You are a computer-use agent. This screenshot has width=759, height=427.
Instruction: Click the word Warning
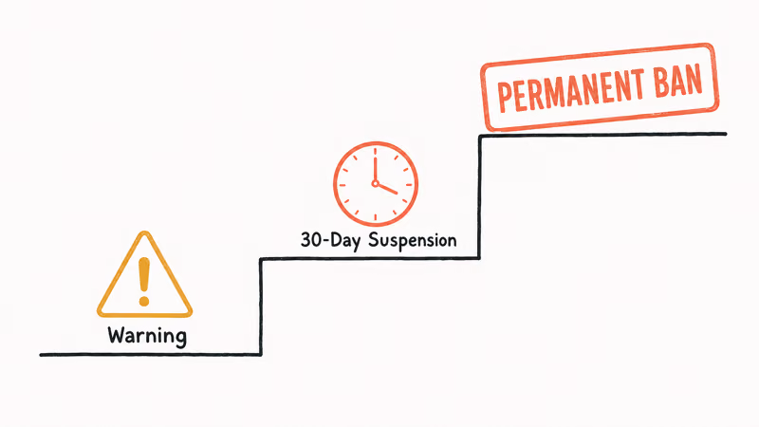(x=147, y=336)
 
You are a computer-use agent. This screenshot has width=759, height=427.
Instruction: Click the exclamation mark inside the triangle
(x=144, y=281)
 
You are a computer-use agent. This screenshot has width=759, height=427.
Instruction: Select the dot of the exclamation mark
(x=144, y=301)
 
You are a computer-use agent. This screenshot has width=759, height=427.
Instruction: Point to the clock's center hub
(x=375, y=183)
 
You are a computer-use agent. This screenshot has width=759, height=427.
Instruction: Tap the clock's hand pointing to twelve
(x=375, y=169)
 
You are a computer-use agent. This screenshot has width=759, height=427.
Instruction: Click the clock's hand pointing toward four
(x=387, y=189)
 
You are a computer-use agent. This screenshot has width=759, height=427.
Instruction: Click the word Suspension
(x=412, y=240)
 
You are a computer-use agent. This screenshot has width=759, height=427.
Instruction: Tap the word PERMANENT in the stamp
(x=571, y=90)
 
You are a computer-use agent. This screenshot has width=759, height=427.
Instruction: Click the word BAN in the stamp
(x=678, y=79)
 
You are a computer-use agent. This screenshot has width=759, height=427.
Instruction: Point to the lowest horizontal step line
(x=151, y=355)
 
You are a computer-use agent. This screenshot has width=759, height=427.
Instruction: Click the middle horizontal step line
(x=370, y=258)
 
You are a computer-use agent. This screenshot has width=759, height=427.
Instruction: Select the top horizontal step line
(x=602, y=135)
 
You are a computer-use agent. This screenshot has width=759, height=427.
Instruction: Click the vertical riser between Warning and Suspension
(x=260, y=306)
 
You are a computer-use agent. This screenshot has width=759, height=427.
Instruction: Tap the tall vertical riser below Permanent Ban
(x=480, y=197)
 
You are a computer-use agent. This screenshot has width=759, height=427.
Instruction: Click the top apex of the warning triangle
(x=144, y=232)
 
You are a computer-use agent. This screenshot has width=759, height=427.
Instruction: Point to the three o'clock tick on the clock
(x=409, y=184)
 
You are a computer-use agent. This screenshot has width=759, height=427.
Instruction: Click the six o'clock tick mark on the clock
(x=375, y=217)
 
